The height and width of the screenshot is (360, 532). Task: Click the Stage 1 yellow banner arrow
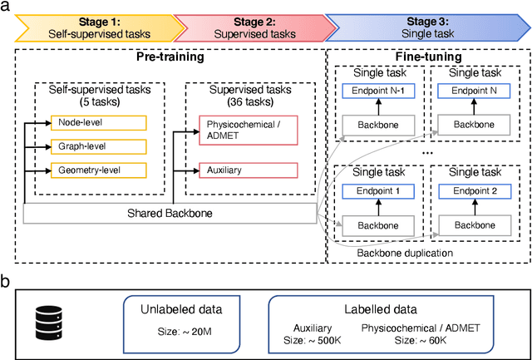(91, 27)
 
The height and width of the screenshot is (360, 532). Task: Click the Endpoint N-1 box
(377, 93)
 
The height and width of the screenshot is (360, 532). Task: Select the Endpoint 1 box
(377, 192)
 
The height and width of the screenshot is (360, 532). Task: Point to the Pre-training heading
(170, 59)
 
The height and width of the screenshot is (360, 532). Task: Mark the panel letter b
(7, 282)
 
